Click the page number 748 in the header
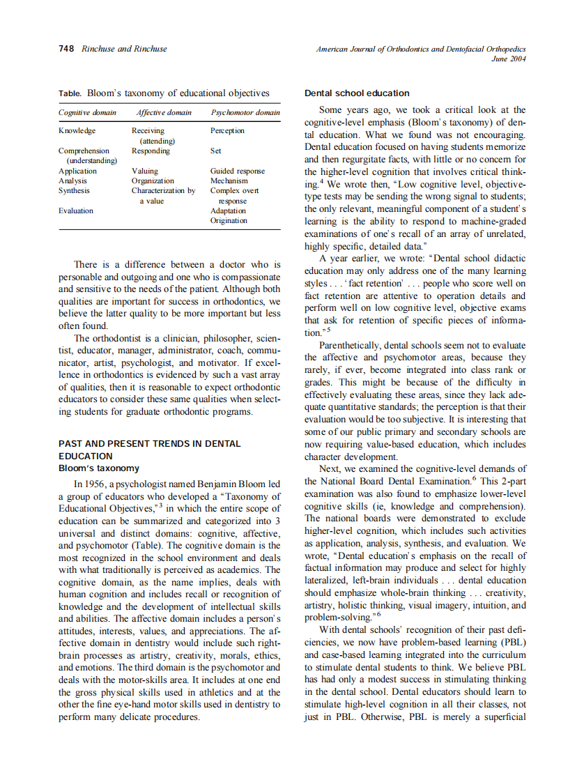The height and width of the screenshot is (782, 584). pos(67,49)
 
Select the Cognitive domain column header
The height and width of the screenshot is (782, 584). pos(87,112)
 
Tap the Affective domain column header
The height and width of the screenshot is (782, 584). pos(164,112)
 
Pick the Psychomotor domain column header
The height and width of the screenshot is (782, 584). pos(245,112)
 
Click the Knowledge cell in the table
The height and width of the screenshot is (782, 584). pos(77,130)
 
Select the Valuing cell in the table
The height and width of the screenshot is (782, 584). pos(145,171)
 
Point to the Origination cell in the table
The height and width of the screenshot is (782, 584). pos(229,220)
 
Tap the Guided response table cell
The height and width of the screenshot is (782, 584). pos(238,171)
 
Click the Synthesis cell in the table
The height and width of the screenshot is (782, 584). pos(75,190)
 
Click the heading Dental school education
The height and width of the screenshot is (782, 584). pos(358,93)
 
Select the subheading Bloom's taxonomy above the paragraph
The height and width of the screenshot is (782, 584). pos(99,468)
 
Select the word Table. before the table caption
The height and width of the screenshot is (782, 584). pos(70,93)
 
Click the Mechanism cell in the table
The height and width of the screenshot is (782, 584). pos(229,181)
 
